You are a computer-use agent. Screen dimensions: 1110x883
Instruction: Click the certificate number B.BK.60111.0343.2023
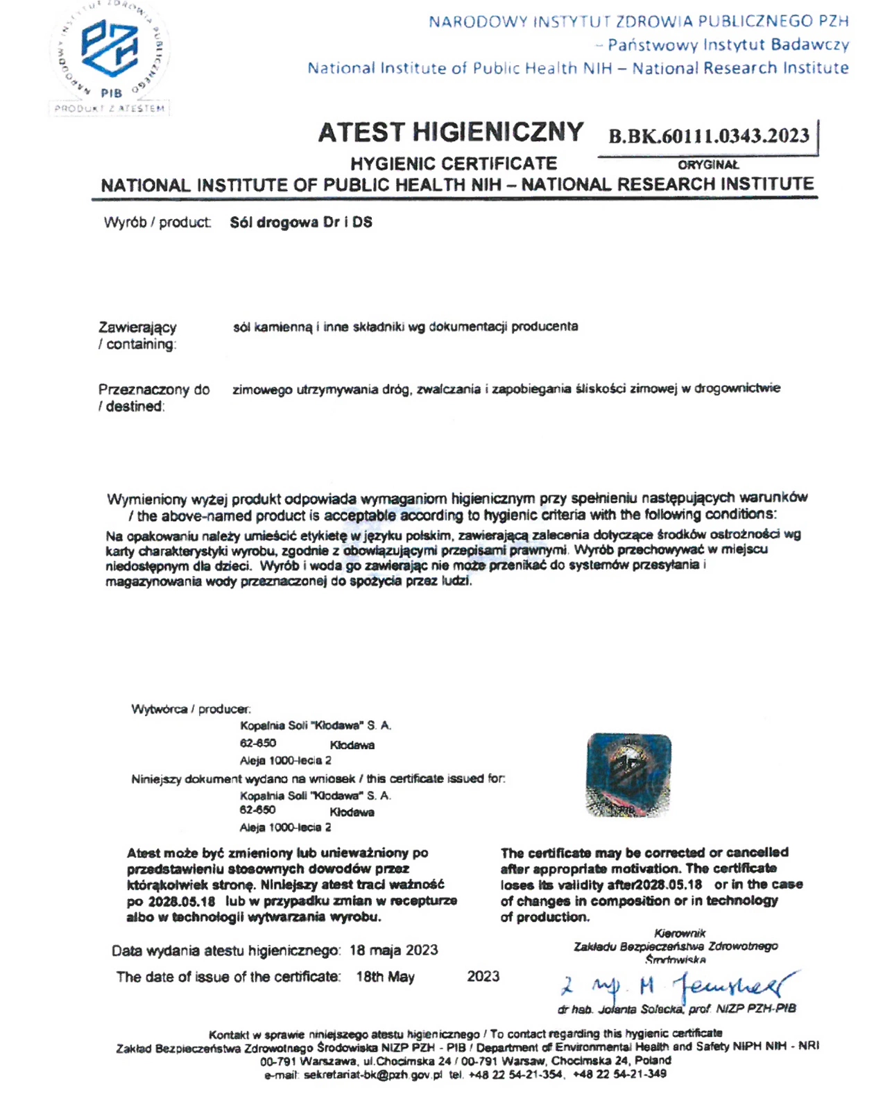(x=709, y=135)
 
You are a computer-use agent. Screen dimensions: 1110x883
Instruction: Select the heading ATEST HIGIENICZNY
(x=451, y=132)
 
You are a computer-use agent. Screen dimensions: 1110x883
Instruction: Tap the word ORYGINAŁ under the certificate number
(x=708, y=165)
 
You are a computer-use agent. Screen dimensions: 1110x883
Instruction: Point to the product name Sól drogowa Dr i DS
(x=301, y=223)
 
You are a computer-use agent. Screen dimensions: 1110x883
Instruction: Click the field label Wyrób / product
(x=157, y=223)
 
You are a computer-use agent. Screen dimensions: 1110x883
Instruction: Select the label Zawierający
(x=137, y=327)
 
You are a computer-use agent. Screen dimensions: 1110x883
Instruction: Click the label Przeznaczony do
(x=153, y=390)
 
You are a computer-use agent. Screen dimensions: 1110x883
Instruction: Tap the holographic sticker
(x=628, y=774)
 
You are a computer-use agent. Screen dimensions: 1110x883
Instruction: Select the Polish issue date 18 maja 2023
(x=393, y=950)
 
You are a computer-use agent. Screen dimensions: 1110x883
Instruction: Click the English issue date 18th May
(x=385, y=977)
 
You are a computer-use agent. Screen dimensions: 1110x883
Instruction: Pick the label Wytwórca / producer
(x=191, y=709)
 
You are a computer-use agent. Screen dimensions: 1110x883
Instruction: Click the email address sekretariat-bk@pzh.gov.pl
(x=372, y=1075)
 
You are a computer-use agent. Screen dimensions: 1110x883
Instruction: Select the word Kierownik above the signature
(x=679, y=934)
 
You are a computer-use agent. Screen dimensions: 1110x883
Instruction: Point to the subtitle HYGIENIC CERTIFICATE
(x=454, y=164)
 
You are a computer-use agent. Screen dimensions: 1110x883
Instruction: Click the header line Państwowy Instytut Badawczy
(x=728, y=45)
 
